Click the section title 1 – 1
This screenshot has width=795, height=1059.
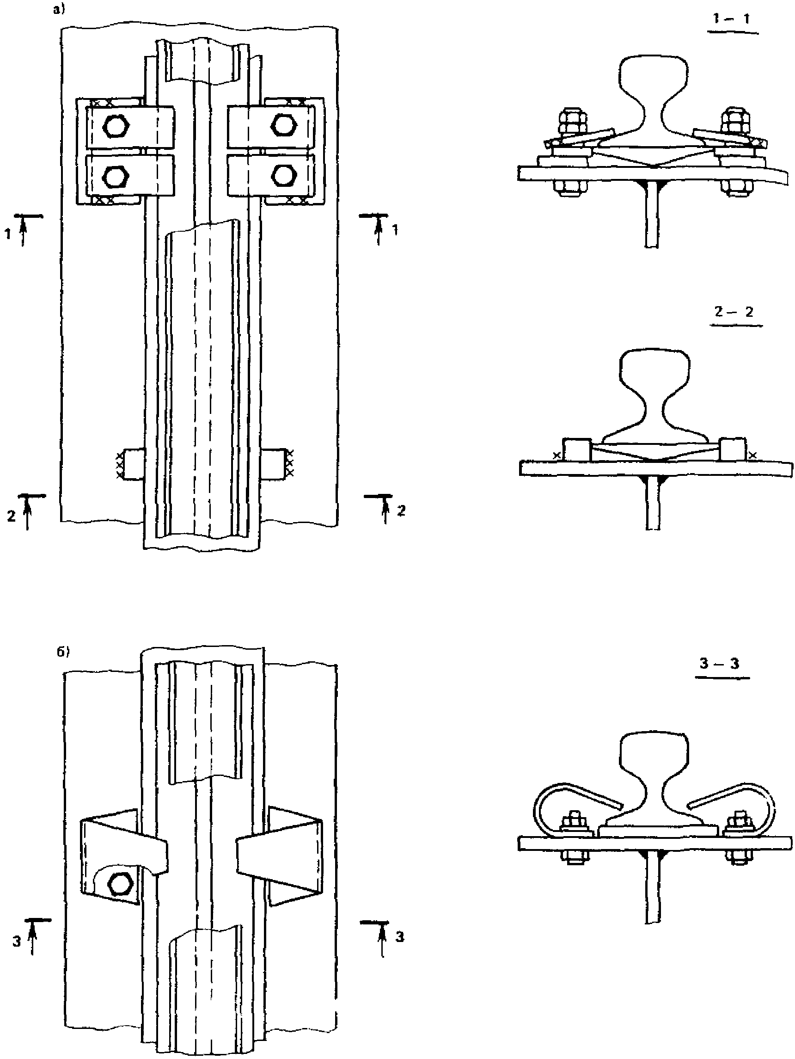tap(731, 19)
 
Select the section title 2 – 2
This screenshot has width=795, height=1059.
tap(734, 312)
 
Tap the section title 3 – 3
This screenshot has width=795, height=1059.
tap(719, 664)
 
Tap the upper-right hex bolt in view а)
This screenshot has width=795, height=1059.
tap(282, 124)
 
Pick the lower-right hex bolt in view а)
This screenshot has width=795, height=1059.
tap(282, 175)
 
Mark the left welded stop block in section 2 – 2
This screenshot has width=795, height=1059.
tap(577, 449)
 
